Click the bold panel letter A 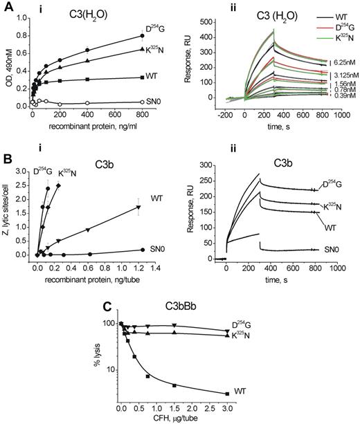point(6,6)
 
